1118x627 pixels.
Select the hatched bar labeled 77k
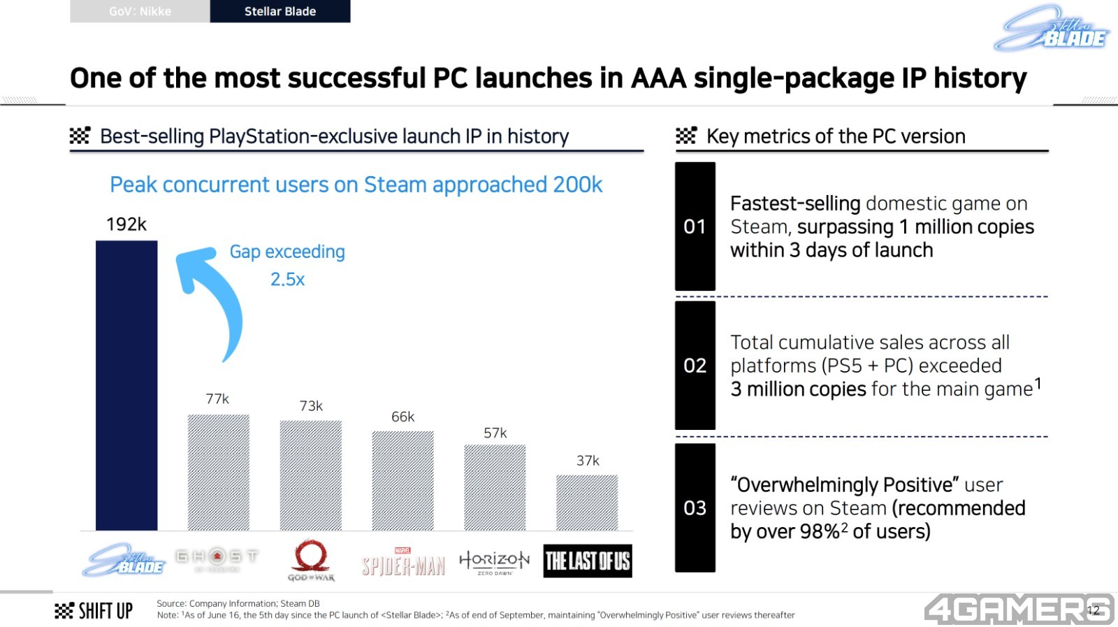218,472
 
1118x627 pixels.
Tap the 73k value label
311,406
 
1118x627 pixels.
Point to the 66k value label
402,417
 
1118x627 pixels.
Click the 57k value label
495,433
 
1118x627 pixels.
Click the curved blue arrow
212,301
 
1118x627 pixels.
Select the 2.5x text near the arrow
287,280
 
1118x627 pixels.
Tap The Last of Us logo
587,561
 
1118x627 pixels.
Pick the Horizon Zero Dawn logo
494,561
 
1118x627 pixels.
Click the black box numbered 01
695,226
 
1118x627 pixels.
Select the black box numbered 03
695,507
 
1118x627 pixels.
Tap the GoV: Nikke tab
140,11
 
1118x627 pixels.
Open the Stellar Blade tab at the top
279,11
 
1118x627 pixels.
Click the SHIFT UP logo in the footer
94,611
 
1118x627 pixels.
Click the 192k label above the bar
126,224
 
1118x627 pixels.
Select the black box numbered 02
695,366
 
